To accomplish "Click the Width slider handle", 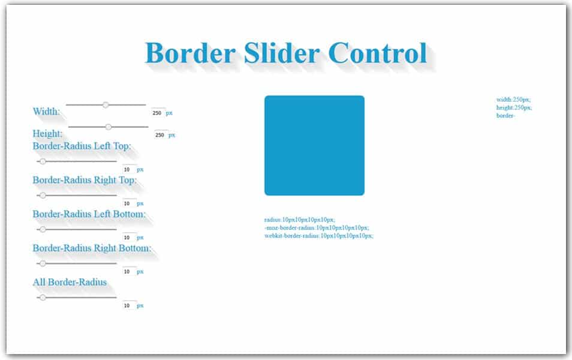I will coord(106,105).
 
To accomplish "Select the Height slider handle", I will coord(109,127).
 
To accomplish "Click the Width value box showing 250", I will coord(158,113).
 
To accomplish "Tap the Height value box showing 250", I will coord(160,135).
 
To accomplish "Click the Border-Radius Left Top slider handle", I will coord(43,161).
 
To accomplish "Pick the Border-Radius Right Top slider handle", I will coord(43,196).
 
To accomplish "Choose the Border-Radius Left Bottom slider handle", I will coord(43,229).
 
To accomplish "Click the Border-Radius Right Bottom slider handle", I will coord(43,263).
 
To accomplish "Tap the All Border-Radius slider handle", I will coord(43,298).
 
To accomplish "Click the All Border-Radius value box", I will coord(128,305).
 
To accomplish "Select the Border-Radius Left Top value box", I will coord(128,170).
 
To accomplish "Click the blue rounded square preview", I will coord(314,145).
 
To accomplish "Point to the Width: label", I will coord(46,112).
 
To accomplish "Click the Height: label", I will coord(47,133).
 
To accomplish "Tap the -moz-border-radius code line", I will coord(317,228).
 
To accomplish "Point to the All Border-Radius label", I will coord(70,282).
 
